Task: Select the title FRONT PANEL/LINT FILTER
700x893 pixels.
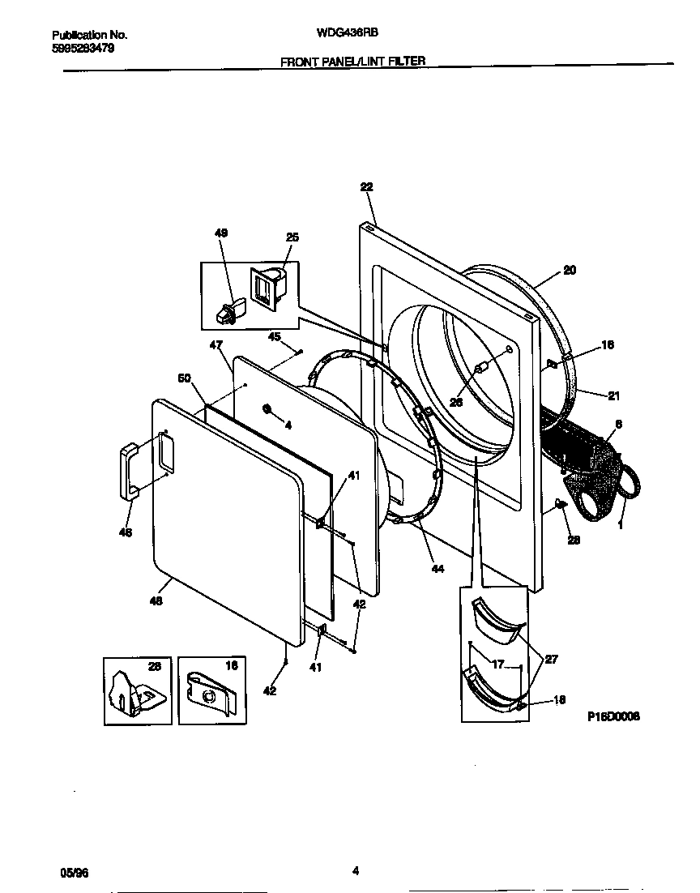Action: (352, 61)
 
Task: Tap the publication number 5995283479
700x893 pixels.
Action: (83, 48)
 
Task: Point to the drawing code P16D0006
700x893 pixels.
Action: (613, 716)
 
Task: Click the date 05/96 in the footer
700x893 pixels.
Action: (75, 872)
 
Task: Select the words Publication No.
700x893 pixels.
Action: (90, 35)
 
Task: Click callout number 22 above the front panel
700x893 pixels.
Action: (366, 186)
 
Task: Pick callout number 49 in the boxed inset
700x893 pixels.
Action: (221, 233)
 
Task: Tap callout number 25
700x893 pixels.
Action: (292, 237)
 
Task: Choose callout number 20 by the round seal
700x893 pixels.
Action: (570, 270)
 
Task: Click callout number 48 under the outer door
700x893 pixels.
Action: (156, 600)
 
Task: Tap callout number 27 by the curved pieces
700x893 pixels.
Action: (550, 660)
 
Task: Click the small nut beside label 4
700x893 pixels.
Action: (267, 408)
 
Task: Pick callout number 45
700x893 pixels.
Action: (275, 337)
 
